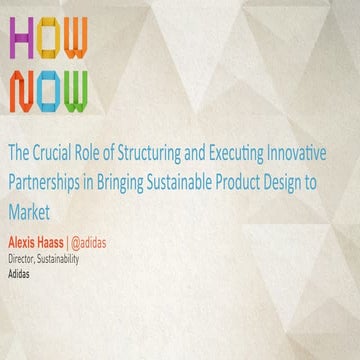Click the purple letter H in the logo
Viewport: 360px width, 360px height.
coord(22,39)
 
